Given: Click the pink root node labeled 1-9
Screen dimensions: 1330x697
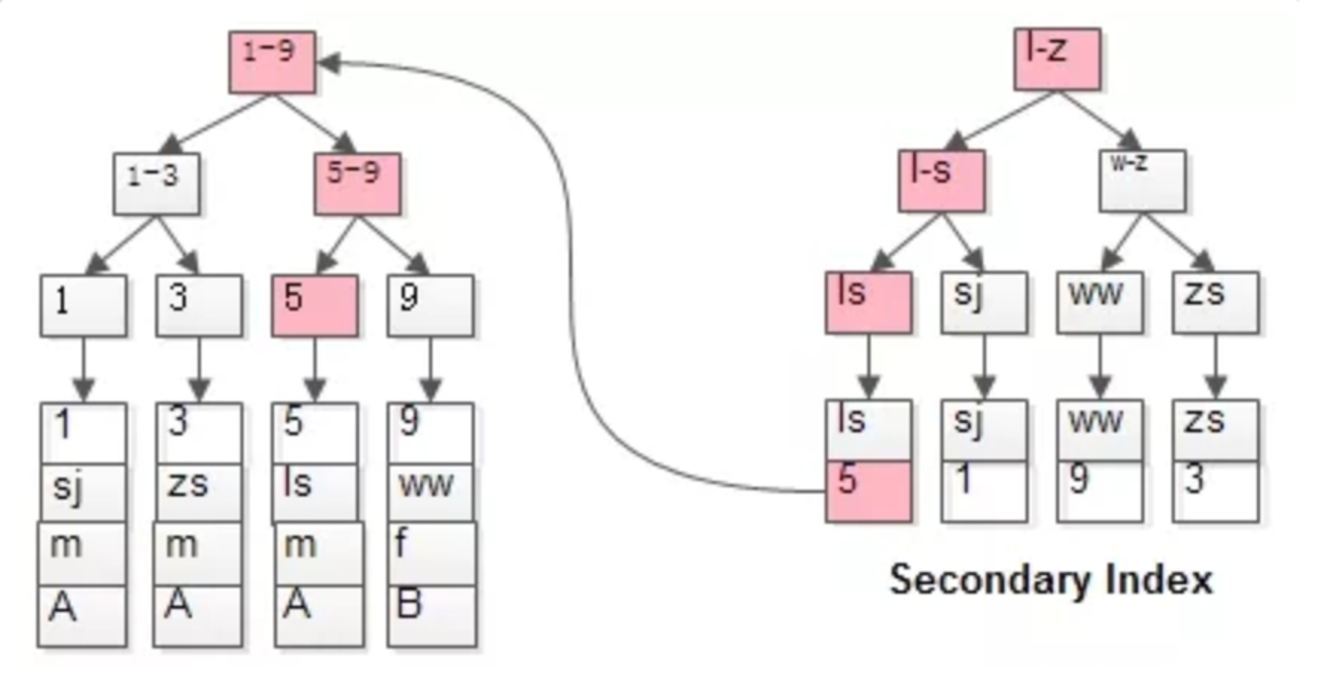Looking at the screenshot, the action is tap(272, 62).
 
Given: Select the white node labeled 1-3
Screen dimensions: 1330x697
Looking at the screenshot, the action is tap(156, 184).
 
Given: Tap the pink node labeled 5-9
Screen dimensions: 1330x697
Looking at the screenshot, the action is tap(357, 184).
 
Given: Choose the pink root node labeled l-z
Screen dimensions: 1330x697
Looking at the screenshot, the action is tap(1057, 59).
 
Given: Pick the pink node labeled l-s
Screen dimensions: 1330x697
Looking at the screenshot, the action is tap(942, 181).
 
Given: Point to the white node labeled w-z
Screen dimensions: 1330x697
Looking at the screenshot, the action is tap(1142, 181).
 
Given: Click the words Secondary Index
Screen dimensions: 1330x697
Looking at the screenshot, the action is tap(1051, 580).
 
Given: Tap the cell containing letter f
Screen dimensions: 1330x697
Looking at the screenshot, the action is tap(432, 554).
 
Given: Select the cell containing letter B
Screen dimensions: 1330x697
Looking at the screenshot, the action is tap(432, 616).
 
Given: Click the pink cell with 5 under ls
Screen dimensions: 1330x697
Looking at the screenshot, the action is tap(868, 491).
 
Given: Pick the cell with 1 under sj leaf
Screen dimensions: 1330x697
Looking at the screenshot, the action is tap(984, 491).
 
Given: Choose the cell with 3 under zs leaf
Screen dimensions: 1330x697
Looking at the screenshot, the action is tap(1216, 491).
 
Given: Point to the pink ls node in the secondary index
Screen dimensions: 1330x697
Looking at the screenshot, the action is tap(868, 303).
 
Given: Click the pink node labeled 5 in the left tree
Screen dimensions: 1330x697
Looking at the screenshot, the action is tap(315, 305).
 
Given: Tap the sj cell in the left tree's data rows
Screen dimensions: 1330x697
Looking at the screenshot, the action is tap(83, 493).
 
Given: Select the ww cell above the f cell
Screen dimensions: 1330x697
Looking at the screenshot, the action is tap(431, 493).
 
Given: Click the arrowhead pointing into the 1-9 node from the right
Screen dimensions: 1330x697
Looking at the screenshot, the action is tap(330, 63).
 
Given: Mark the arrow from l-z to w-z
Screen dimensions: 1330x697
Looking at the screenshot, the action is tap(1099, 120).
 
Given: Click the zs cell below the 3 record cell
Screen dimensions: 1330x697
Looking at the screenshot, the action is tap(199, 493).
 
